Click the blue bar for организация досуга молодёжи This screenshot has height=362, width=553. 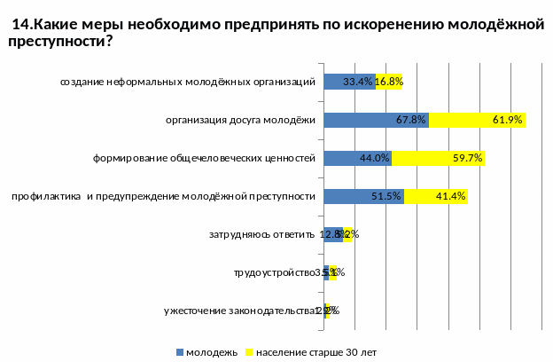[376, 120]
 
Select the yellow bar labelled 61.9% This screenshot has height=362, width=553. [477, 120]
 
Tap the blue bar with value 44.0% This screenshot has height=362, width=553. [357, 158]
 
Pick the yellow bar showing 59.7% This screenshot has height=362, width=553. [438, 158]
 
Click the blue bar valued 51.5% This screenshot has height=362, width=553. [363, 196]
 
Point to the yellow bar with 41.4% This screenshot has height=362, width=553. [435, 196]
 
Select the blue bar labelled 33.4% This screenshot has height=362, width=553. [349, 82]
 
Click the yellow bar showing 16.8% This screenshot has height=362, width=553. [389, 82]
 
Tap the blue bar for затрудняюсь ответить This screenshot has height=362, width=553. [333, 234]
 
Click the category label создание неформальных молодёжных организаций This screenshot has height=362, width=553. [188, 83]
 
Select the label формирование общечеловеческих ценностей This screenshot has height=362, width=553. [205, 159]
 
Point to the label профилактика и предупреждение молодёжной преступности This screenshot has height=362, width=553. [163, 197]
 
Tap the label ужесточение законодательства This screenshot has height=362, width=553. [240, 311]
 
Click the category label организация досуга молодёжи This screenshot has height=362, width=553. [241, 121]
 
